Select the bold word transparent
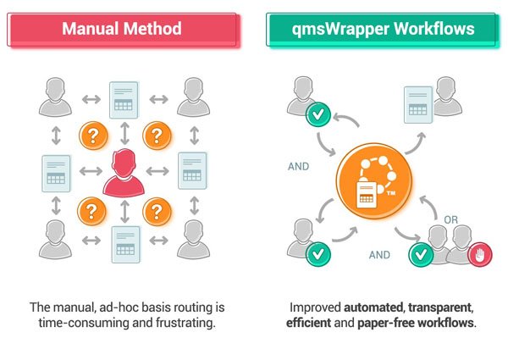click(441, 307)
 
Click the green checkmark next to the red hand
click(419, 254)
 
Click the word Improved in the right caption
click(314, 307)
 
